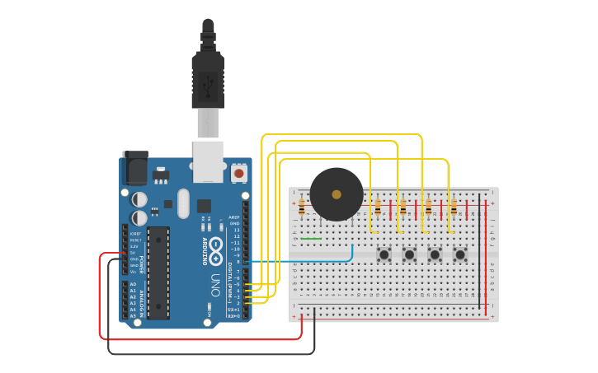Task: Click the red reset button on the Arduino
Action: point(239,173)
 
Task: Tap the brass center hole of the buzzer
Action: point(337,194)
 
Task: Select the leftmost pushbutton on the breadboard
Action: point(384,254)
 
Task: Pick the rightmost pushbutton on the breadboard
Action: point(459,254)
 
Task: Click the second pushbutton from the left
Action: point(409,254)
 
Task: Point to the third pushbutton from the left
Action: point(435,254)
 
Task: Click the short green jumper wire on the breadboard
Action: point(311,239)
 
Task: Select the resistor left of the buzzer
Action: point(302,207)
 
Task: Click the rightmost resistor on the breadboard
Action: point(453,207)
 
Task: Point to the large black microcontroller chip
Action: point(158,273)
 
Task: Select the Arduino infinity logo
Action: point(216,245)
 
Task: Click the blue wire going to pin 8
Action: point(313,261)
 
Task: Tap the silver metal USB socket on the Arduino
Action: point(208,160)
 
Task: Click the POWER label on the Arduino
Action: point(141,264)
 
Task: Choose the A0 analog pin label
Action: point(133,284)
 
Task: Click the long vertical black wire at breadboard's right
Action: point(479,255)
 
